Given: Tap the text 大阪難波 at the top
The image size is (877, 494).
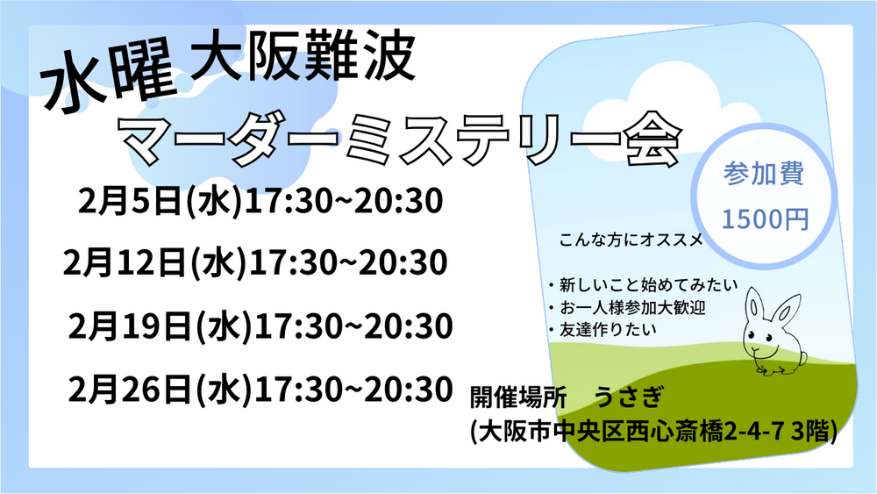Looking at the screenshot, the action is (303, 56).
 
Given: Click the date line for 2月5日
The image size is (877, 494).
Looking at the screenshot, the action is (260, 201).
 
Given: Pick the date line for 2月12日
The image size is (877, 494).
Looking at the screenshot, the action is (255, 262).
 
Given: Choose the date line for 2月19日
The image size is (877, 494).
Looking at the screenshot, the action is (260, 326).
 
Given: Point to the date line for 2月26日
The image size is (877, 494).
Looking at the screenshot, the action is (260, 389).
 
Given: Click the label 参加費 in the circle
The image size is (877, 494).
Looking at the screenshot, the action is (764, 174).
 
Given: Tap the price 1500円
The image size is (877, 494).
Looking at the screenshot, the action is (765, 218).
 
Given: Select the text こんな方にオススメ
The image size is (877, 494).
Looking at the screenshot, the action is (631, 240).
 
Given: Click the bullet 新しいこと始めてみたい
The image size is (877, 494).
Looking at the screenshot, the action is (643, 285).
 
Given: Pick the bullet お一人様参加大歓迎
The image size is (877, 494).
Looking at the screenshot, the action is (627, 307).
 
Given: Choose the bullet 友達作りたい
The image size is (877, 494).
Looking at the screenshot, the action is (602, 330).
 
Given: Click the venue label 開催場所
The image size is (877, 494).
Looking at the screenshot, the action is (518, 397).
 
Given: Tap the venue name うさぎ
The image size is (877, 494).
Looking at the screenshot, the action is (629, 397).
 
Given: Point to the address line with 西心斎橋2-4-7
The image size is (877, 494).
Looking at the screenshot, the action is (654, 431).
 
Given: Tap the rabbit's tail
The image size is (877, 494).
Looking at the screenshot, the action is (802, 358).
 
